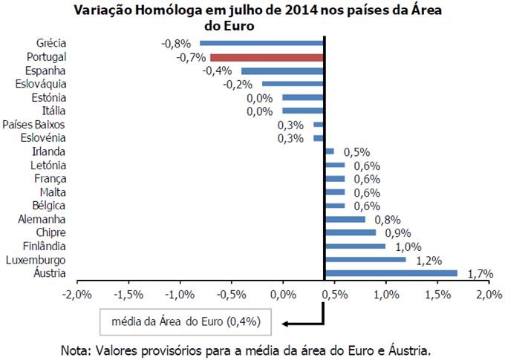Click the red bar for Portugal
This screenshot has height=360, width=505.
pyautogui.click(x=267, y=57)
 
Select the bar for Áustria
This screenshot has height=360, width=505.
pyautogui.click(x=391, y=273)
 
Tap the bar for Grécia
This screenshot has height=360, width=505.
pyautogui.click(x=261, y=43)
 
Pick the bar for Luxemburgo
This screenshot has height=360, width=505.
pyautogui.click(x=365, y=260)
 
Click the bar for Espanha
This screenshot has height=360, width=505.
pyautogui.click(x=282, y=71)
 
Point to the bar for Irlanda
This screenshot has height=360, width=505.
pyautogui.click(x=329, y=151)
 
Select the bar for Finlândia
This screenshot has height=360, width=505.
pyautogui.click(x=354, y=246)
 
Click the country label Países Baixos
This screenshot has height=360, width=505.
pyautogui.click(x=34, y=125)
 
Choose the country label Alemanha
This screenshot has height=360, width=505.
pyautogui.click(x=46, y=219)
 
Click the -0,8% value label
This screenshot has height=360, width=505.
pyautogui.click(x=175, y=43)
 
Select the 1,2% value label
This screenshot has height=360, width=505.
pyautogui.click(x=429, y=261)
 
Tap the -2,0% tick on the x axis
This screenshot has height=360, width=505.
pyautogui.click(x=78, y=295)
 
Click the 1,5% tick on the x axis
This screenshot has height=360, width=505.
pyautogui.click(x=438, y=295)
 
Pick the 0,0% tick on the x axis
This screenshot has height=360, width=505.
pyautogui.click(x=283, y=295)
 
